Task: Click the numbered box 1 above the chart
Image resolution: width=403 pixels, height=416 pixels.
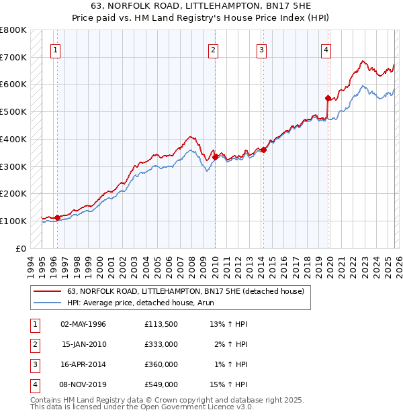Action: [55, 49]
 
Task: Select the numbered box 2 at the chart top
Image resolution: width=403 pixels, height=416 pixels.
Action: [213, 49]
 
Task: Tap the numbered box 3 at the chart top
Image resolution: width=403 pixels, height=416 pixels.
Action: [261, 49]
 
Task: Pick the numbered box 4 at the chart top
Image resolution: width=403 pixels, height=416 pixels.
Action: [326, 49]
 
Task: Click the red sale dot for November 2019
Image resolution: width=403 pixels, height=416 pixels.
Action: [328, 98]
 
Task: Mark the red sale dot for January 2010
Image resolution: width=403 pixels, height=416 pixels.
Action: [216, 157]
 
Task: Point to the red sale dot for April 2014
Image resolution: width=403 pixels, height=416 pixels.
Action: [264, 150]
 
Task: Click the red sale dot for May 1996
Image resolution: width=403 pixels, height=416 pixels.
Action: [58, 217]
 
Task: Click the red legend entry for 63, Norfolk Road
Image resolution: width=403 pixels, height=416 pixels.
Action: [185, 291]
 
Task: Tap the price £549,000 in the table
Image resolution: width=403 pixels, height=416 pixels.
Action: [161, 384]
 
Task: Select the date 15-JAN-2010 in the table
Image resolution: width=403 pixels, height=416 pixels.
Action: [83, 344]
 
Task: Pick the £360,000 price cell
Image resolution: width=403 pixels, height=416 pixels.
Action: [161, 364]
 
